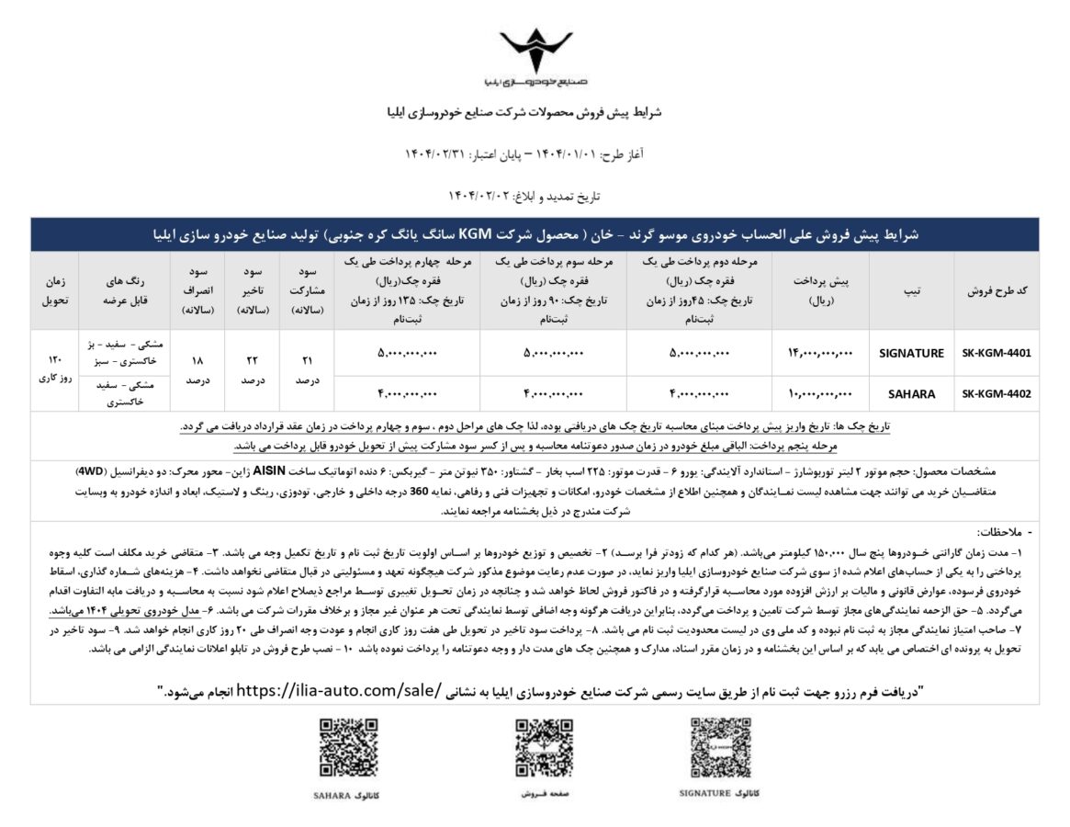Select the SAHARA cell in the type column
pyautogui.click(x=912, y=394)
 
